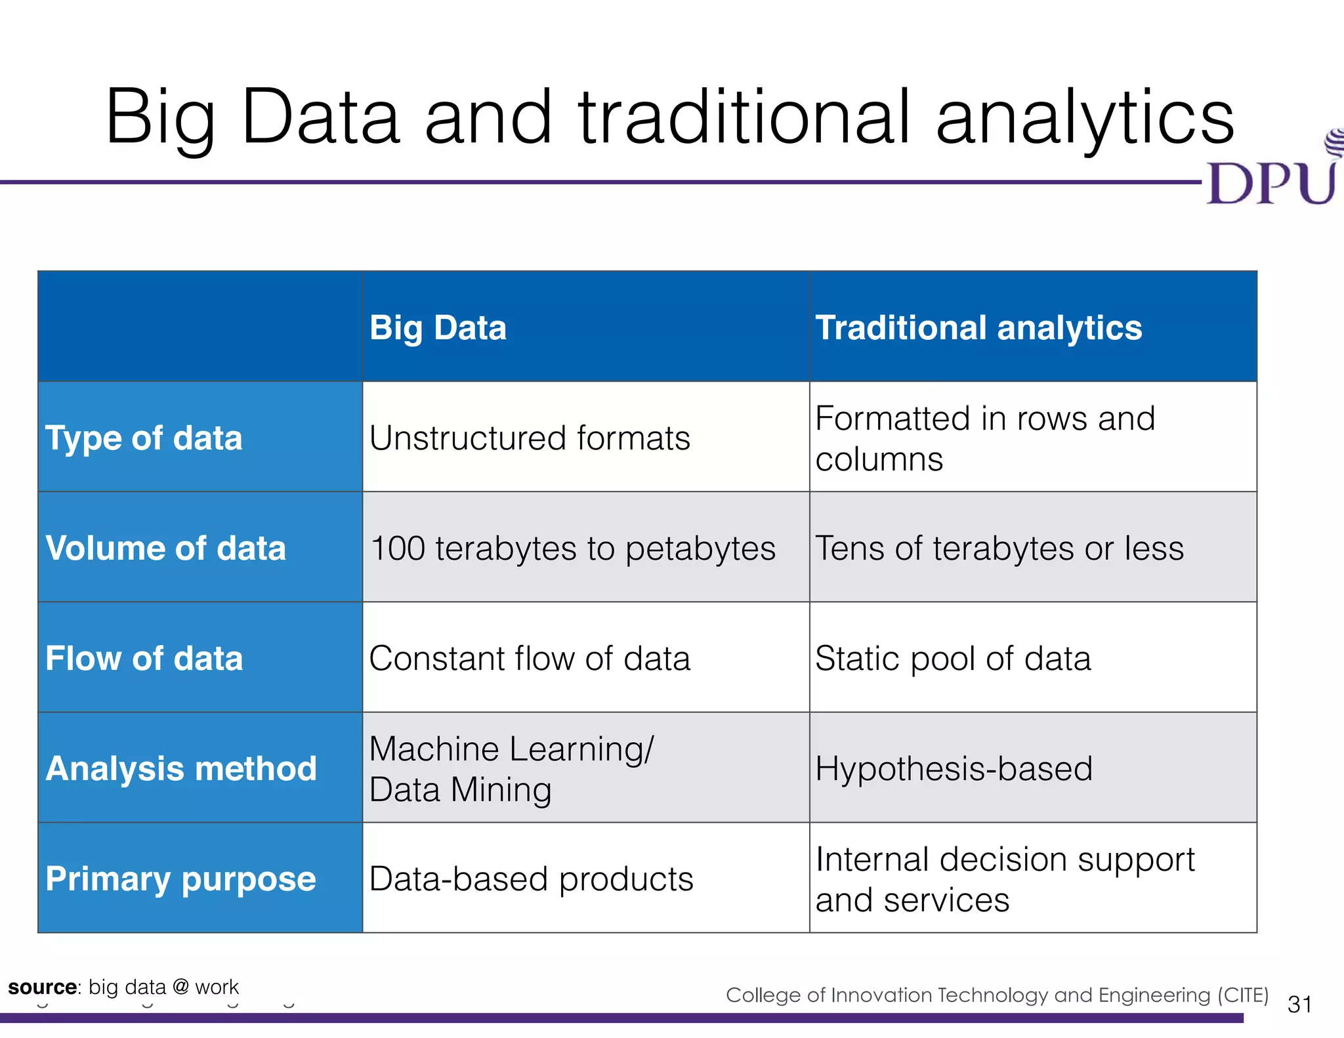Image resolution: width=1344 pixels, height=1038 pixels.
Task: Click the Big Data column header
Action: click(x=438, y=327)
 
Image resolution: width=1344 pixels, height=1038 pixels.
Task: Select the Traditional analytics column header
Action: click(x=978, y=327)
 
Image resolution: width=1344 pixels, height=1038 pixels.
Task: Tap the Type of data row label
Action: click(x=144, y=438)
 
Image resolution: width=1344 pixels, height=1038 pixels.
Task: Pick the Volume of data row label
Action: click(x=165, y=548)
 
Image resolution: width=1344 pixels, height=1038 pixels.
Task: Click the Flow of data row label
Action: click(x=144, y=658)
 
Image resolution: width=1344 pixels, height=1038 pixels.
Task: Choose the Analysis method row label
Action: click(x=181, y=768)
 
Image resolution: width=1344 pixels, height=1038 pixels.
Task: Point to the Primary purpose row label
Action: click(x=180, y=879)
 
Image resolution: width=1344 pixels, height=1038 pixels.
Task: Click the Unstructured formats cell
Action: click(x=530, y=438)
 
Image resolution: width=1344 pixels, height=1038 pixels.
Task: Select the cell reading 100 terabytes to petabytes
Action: click(x=572, y=548)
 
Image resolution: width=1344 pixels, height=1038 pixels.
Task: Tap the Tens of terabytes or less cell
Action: click(x=999, y=548)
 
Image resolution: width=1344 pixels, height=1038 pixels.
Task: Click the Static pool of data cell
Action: click(x=953, y=658)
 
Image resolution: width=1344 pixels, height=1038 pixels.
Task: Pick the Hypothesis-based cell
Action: click(x=954, y=768)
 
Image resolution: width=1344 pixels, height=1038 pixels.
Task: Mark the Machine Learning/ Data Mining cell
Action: click(x=511, y=768)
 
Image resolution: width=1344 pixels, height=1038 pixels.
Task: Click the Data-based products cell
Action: click(x=531, y=879)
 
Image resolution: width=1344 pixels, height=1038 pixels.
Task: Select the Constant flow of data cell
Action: click(x=530, y=658)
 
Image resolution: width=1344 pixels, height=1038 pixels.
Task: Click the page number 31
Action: click(x=1299, y=1005)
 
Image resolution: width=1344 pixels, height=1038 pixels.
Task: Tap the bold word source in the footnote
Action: click(x=42, y=987)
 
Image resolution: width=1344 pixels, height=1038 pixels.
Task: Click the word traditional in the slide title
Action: click(x=744, y=118)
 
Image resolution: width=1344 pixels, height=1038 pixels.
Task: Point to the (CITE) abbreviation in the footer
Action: click(x=1242, y=995)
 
